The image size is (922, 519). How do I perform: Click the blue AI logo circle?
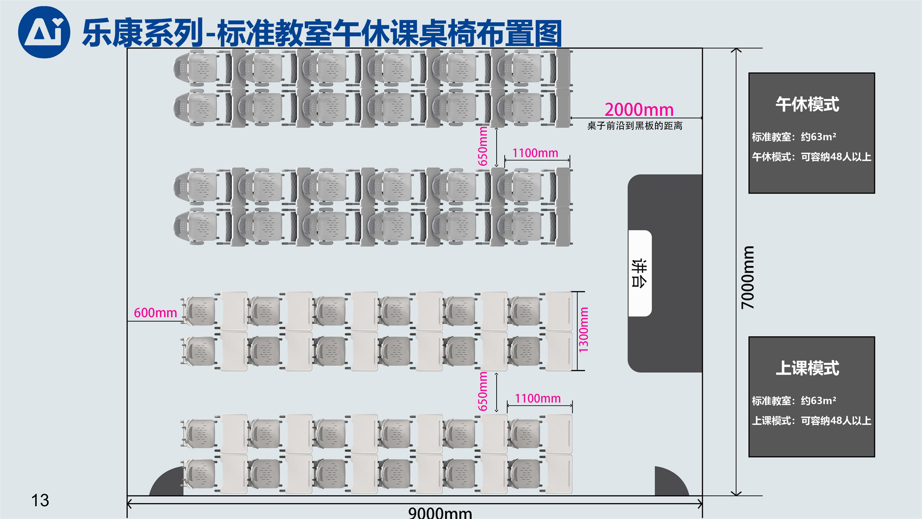click(x=44, y=32)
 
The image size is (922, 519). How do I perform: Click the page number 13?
click(x=40, y=501)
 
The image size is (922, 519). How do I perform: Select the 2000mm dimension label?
click(x=639, y=110)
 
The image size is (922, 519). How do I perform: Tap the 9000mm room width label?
click(x=440, y=513)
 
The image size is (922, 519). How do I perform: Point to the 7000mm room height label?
click(x=748, y=277)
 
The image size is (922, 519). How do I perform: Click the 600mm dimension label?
click(x=155, y=313)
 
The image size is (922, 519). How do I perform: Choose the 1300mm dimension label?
click(x=584, y=330)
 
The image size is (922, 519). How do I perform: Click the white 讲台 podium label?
click(x=640, y=273)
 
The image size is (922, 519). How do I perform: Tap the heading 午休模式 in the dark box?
click(x=807, y=104)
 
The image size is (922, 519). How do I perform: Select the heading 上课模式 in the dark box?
click(x=807, y=368)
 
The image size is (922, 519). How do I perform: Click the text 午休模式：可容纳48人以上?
click(x=811, y=157)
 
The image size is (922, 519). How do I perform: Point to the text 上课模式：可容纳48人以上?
click(x=811, y=421)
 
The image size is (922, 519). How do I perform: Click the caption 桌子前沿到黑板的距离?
click(x=635, y=126)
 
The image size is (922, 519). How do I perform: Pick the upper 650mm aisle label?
click(x=483, y=146)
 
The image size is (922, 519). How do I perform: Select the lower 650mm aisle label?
click(x=483, y=391)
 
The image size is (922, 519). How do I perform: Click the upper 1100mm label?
click(x=535, y=153)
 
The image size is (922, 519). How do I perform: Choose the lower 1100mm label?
click(x=538, y=398)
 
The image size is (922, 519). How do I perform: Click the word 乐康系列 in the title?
click(x=143, y=33)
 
